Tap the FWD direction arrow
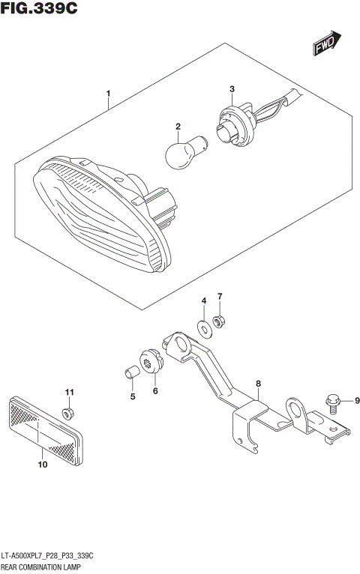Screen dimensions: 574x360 (x=327, y=44)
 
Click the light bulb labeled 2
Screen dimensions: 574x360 (x=181, y=153)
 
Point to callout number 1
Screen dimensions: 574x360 (x=109, y=94)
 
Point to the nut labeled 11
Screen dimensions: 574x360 (x=68, y=414)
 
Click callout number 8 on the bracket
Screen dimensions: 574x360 (x=257, y=384)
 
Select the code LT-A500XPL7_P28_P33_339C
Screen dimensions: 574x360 (x=51, y=558)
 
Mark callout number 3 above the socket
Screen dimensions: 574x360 (x=232, y=90)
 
